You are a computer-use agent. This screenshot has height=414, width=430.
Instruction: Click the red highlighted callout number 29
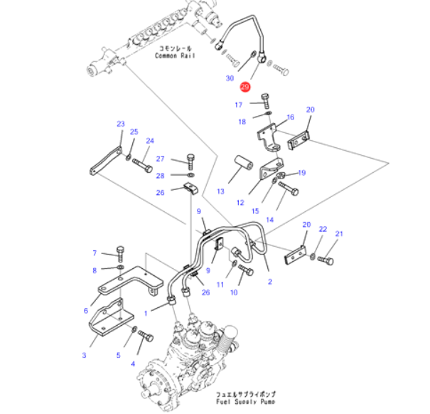[x=244, y=87]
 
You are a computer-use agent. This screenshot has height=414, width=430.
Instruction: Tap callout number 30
[x=230, y=78]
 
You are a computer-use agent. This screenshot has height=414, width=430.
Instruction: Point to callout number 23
[x=120, y=124]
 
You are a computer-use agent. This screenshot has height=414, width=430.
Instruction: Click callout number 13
[x=220, y=191]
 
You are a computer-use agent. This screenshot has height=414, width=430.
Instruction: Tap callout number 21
[x=339, y=235]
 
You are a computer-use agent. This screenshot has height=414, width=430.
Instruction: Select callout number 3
[x=84, y=355]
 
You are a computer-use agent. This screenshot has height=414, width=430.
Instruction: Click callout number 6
[x=86, y=310]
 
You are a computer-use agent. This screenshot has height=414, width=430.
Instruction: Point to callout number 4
[x=131, y=363]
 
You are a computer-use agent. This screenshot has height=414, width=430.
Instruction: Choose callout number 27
[x=160, y=159]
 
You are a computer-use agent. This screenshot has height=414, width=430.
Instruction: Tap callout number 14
[x=269, y=220]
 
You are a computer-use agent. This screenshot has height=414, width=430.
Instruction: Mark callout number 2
[x=269, y=282]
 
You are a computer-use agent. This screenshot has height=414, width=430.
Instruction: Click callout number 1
[x=146, y=312]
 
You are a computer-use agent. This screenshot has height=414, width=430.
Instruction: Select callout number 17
[x=239, y=105]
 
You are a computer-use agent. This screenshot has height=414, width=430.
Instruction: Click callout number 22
[x=322, y=229]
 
